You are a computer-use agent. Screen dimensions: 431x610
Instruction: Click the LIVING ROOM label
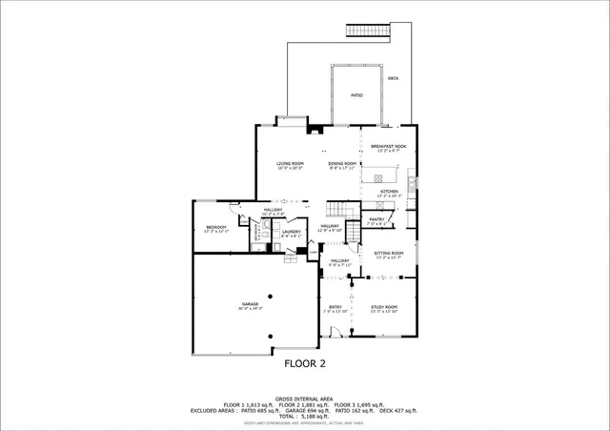point(290,164)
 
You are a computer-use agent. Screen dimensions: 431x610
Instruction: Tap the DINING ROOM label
point(342,164)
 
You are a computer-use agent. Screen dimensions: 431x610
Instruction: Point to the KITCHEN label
point(389,192)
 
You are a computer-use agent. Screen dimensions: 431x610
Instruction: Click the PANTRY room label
point(377,218)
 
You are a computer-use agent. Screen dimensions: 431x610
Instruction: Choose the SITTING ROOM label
point(389,253)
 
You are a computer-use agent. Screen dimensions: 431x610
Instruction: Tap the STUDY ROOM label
point(384,306)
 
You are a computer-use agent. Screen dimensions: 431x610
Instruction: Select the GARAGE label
point(251,304)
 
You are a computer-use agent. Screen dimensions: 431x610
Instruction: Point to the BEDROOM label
point(216,227)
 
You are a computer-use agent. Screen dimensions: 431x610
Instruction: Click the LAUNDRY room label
point(291,231)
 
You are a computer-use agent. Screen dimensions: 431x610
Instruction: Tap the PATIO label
point(356,95)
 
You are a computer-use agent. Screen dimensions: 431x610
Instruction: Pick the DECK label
point(393,78)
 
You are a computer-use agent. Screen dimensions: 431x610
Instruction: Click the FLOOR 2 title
point(305,363)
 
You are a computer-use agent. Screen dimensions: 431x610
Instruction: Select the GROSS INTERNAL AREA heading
point(305,398)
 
